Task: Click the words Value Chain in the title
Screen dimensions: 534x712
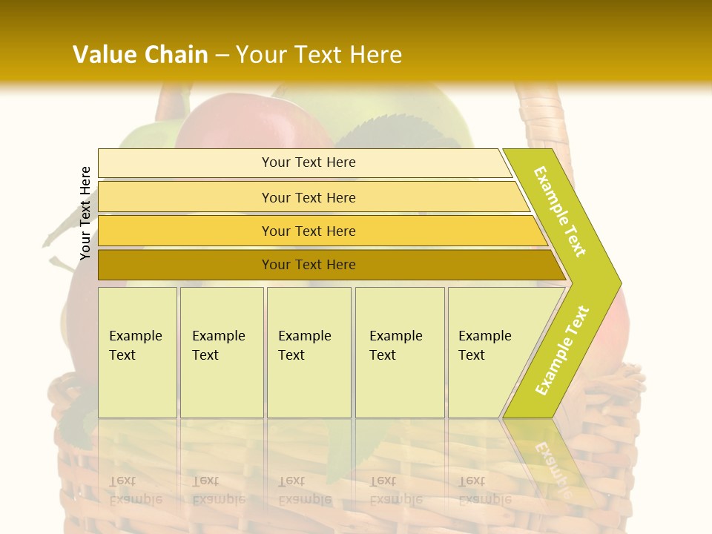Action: (140, 55)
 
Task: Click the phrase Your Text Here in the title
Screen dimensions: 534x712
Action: (319, 55)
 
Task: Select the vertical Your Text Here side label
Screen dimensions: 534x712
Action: (85, 214)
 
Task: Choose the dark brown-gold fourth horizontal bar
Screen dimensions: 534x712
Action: (185, 265)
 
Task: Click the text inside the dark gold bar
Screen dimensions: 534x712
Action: (309, 265)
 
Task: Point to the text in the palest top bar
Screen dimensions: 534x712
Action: (309, 162)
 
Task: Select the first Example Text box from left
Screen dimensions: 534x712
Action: (137, 352)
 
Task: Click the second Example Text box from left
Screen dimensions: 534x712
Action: (222, 352)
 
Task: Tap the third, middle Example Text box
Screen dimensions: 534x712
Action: (309, 352)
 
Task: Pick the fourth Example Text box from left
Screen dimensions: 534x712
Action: (400, 352)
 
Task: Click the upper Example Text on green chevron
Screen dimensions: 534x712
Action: (561, 212)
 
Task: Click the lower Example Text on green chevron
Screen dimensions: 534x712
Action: (562, 351)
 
